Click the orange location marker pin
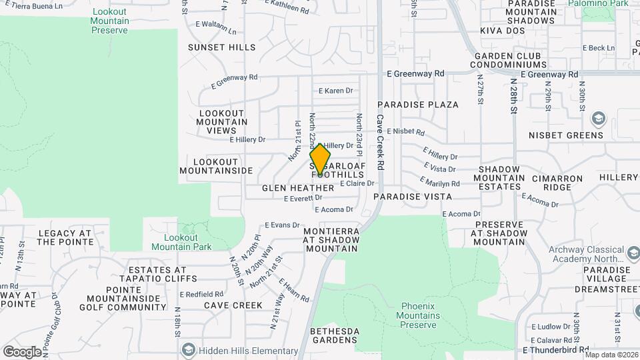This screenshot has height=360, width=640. click(320, 160)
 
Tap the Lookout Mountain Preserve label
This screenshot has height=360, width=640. click(110, 21)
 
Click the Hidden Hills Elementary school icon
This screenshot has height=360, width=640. click(189, 350)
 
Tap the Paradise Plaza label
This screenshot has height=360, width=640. click(418, 105)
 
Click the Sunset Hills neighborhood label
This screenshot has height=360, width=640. click(221, 47)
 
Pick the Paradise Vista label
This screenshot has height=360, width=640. click(413, 197)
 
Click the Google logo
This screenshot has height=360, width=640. click(22, 351)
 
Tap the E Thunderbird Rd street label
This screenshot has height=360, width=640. click(555, 349)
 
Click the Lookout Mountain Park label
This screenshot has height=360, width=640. click(188, 242)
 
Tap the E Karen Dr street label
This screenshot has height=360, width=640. click(335, 91)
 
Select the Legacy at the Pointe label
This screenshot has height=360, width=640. click(65, 237)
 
